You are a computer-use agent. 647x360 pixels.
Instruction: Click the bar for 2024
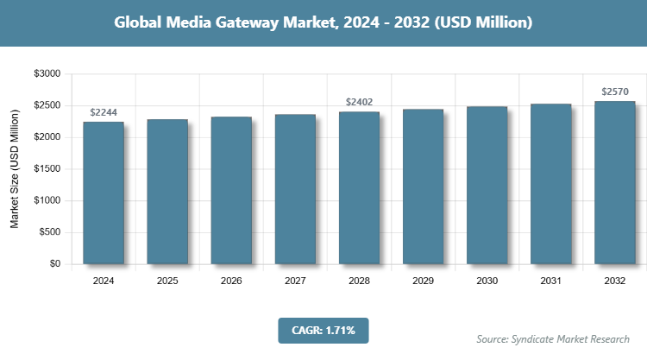(104, 193)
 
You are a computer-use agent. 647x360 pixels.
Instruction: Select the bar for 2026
(231, 190)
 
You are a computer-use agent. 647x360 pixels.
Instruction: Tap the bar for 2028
(359, 188)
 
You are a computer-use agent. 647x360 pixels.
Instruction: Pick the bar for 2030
(487, 186)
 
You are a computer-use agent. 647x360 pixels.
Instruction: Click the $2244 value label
(104, 112)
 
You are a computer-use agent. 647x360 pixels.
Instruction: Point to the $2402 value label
(359, 103)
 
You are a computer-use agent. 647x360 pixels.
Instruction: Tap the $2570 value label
(614, 92)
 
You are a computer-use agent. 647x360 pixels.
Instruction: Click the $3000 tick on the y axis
(45, 74)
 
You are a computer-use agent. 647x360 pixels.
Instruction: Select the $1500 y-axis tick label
(45, 169)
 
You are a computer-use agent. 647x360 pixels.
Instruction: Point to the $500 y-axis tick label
(47, 232)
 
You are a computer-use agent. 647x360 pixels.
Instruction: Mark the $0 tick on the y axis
(53, 264)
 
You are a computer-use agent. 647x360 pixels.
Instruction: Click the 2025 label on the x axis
(167, 281)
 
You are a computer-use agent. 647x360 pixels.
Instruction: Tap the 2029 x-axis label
(423, 281)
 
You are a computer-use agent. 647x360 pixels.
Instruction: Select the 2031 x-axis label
(550, 281)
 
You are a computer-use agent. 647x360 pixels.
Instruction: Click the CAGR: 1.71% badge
(323, 330)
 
